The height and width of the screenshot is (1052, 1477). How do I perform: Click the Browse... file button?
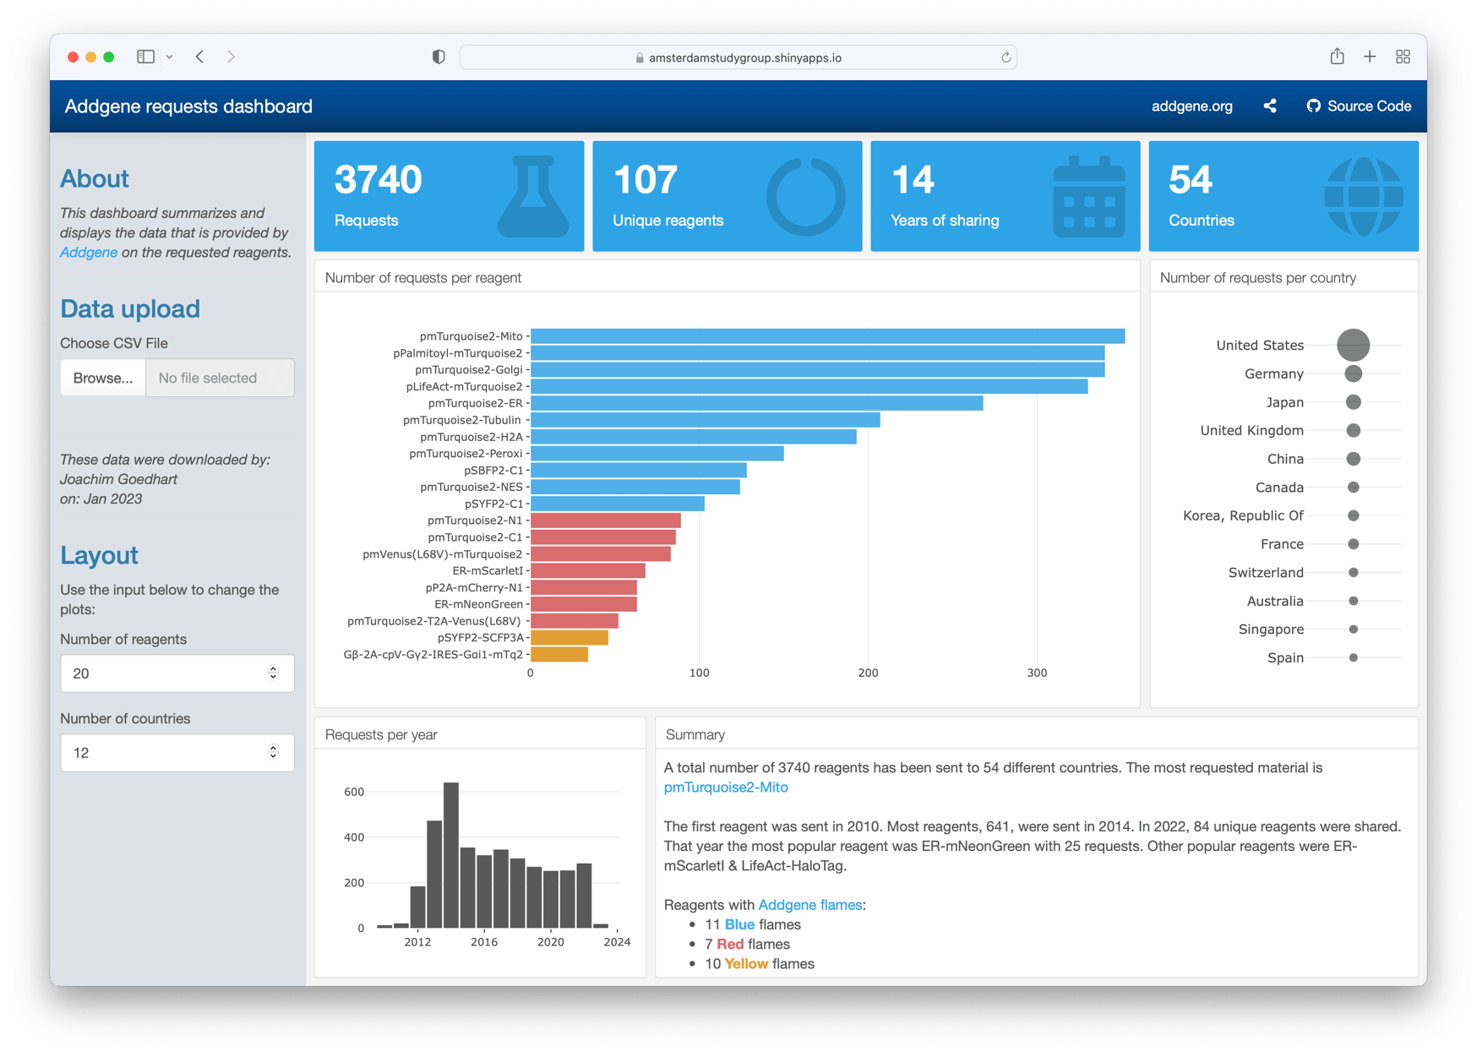(x=102, y=378)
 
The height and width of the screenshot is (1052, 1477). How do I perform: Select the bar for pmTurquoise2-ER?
(x=756, y=403)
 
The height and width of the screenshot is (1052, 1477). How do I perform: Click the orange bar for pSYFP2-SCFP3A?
(x=569, y=637)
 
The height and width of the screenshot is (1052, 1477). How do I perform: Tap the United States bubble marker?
(x=1353, y=345)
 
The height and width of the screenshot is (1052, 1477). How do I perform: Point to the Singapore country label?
(x=1271, y=630)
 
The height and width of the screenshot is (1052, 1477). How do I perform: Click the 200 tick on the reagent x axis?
(x=868, y=673)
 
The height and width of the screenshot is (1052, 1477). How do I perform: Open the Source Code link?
(x=1360, y=106)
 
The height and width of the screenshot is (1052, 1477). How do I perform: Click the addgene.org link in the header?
(x=1191, y=106)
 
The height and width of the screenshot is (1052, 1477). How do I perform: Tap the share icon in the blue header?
(x=1270, y=106)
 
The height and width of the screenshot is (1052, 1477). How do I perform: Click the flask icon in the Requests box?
(x=533, y=196)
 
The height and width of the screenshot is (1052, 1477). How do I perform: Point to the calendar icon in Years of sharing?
(x=1089, y=196)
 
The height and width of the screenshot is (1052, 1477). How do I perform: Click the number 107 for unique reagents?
(x=645, y=180)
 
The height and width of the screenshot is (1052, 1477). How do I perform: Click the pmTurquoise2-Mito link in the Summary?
(x=726, y=788)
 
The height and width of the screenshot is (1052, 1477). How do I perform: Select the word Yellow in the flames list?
(x=746, y=964)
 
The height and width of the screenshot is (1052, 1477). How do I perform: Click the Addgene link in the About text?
(x=89, y=253)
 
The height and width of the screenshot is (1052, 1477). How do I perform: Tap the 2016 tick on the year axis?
(x=484, y=942)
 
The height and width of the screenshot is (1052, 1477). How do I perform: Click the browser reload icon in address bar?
(x=1006, y=57)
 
